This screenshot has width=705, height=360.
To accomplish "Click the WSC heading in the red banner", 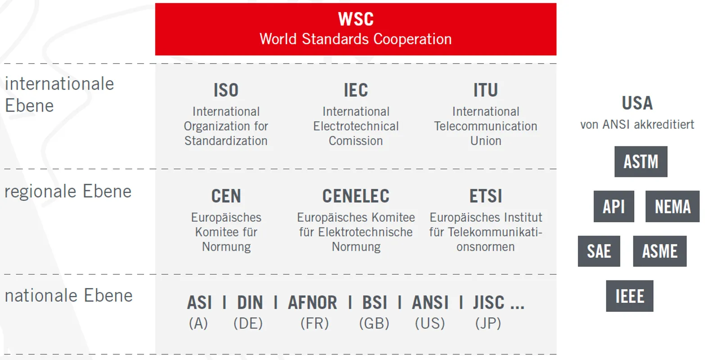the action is point(356,19).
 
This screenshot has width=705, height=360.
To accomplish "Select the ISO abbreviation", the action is point(226,90).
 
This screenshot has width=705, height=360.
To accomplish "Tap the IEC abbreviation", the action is point(356,90).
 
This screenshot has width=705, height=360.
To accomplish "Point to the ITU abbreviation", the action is point(486,90).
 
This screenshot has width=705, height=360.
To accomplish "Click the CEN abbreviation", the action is point(226,196).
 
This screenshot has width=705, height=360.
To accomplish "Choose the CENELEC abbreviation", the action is point(356,196).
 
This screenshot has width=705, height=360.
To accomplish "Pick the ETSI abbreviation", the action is point(486,196).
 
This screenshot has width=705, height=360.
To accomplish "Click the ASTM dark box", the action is point(641,162).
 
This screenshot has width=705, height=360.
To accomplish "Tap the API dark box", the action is point(614,207).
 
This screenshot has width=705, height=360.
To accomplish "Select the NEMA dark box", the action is point(673,207).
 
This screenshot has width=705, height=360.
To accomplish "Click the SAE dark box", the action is point(599,251).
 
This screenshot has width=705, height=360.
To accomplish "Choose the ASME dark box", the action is point(660,251).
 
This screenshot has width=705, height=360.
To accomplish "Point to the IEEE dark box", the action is point(629,296).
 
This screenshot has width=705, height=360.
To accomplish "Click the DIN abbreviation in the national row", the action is point(250,302).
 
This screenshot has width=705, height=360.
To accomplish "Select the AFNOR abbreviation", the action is point(312,302).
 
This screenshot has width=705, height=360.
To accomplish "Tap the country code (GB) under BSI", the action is point(374,324).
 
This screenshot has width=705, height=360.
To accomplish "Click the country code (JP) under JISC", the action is point(488,324).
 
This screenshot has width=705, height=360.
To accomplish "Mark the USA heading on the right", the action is point(637,103).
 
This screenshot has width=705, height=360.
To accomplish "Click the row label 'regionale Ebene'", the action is point(68,191).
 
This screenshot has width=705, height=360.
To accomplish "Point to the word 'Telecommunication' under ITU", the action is point(486,126).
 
